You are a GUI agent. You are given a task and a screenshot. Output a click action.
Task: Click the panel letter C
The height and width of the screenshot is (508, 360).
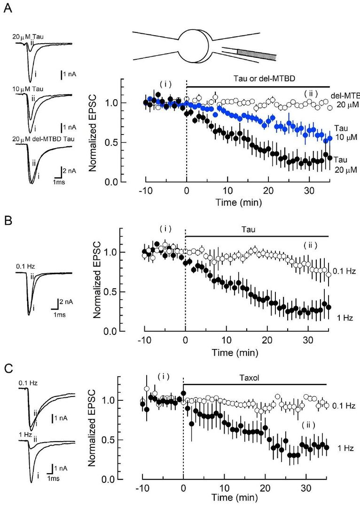[x=8, y=366]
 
